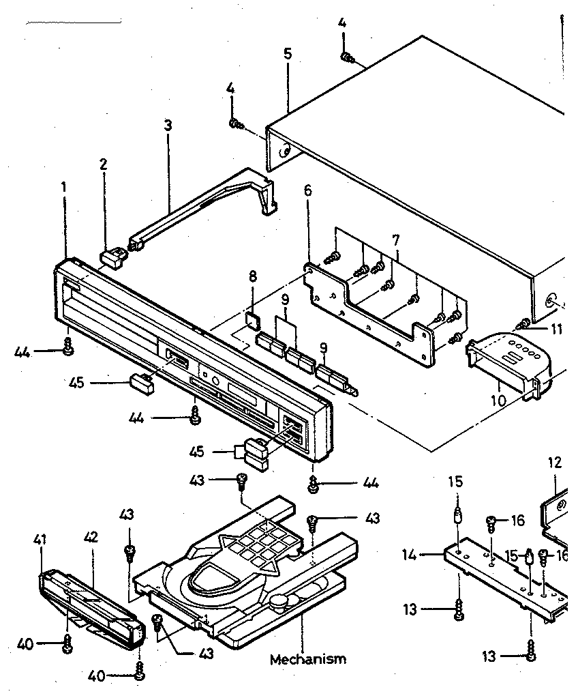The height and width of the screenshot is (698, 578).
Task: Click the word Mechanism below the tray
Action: pyautogui.click(x=307, y=659)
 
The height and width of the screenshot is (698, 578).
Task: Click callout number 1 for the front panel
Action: pyautogui.click(x=64, y=185)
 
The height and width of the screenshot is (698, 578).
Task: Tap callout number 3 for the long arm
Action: pyautogui.click(x=168, y=126)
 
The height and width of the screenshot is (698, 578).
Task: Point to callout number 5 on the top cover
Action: pyautogui.click(x=288, y=54)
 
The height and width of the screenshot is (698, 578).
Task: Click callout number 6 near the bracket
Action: pyautogui.click(x=308, y=191)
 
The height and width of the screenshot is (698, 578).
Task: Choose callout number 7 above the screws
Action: pyautogui.click(x=395, y=239)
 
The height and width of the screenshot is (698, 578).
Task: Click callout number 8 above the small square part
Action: pyautogui.click(x=253, y=277)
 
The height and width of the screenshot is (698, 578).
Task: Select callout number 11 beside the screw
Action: pyautogui.click(x=557, y=329)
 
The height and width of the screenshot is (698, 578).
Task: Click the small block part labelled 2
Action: pyautogui.click(x=113, y=257)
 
